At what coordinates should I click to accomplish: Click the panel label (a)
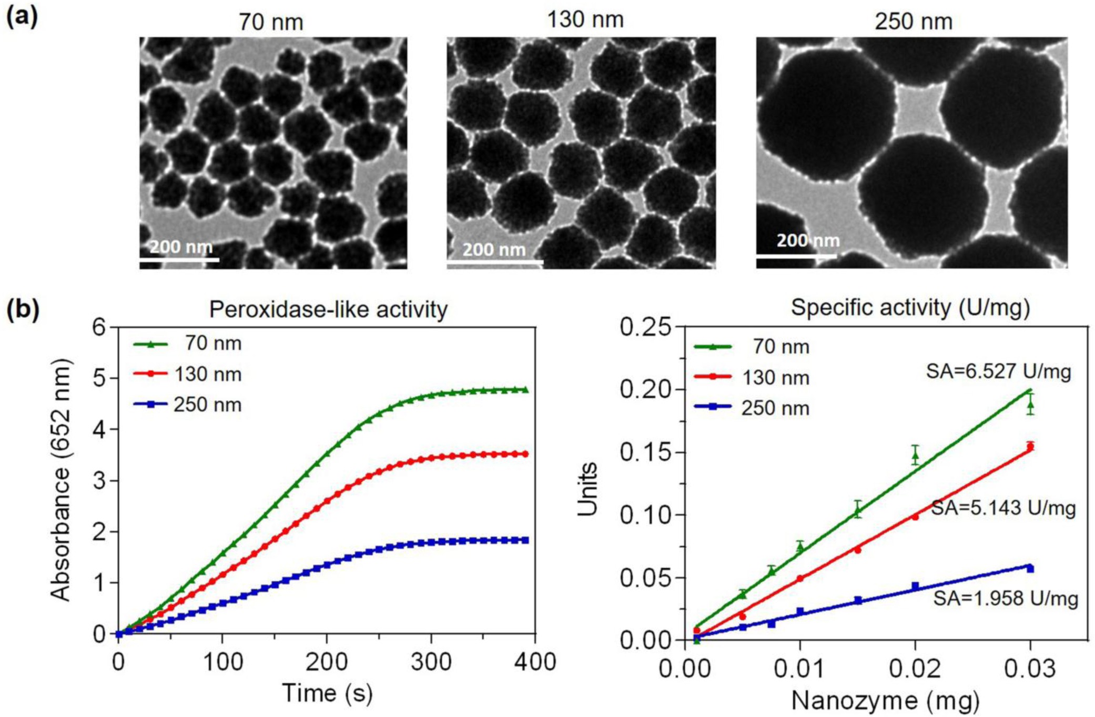point(22,17)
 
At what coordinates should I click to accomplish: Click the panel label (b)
point(23,309)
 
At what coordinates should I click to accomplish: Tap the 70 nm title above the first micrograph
point(271,22)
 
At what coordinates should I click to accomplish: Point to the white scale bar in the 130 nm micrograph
point(494,260)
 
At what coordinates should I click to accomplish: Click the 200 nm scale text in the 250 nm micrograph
point(808,240)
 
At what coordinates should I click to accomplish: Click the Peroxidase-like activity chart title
point(328,309)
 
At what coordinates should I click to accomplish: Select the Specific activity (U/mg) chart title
point(910,308)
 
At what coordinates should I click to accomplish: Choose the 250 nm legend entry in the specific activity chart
point(752,408)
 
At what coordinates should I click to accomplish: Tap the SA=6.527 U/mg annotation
point(998,372)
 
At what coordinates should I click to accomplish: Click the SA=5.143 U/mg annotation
point(1003,508)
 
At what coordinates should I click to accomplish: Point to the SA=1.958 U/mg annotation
point(1006,599)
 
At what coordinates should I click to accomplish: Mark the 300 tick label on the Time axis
point(431,662)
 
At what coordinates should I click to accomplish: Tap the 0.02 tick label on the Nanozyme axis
point(915,669)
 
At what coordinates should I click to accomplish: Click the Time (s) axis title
point(327,693)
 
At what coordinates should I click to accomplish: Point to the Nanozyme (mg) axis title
point(885,701)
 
